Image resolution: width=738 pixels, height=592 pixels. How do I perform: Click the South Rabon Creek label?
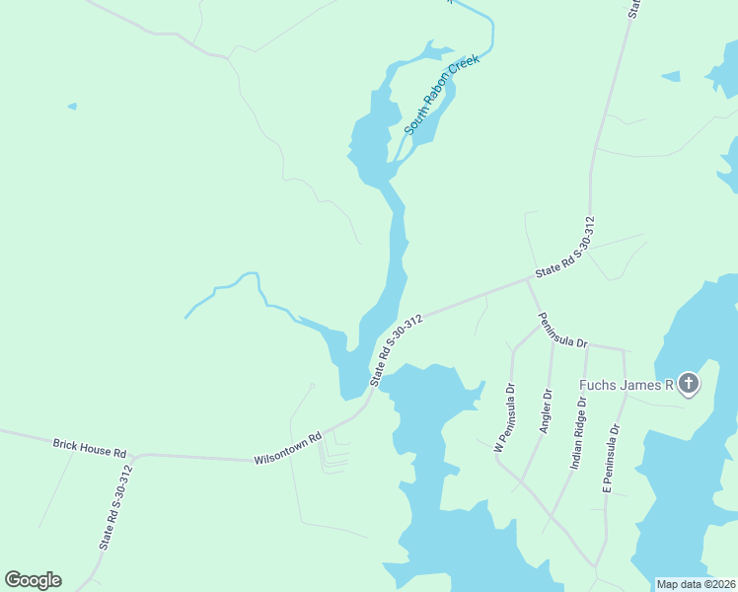pos(442,95)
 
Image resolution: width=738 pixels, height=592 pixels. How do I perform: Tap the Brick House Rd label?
pos(90,447)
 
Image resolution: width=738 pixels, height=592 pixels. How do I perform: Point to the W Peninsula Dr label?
pos(504,417)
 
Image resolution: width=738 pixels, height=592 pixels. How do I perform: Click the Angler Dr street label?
pos(545,410)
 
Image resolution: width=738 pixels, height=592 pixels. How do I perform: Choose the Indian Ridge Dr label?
pos(579,431)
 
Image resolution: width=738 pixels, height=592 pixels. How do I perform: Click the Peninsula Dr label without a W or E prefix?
pos(562,330)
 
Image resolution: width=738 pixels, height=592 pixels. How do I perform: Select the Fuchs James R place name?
pos(626,385)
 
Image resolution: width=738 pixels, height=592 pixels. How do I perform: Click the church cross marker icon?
pos(688,384)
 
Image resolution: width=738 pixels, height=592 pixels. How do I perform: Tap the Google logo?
pos(33,580)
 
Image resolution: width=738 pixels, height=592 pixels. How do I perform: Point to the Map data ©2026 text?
pos(695,584)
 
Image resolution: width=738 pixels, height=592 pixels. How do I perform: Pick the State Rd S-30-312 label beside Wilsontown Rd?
pos(397,348)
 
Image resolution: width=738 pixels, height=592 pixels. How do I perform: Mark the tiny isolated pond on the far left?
pos(72,106)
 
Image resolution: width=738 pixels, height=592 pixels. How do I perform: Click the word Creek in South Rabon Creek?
pos(464,66)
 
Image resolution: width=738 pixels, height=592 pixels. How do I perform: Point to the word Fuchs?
pos(598,385)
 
